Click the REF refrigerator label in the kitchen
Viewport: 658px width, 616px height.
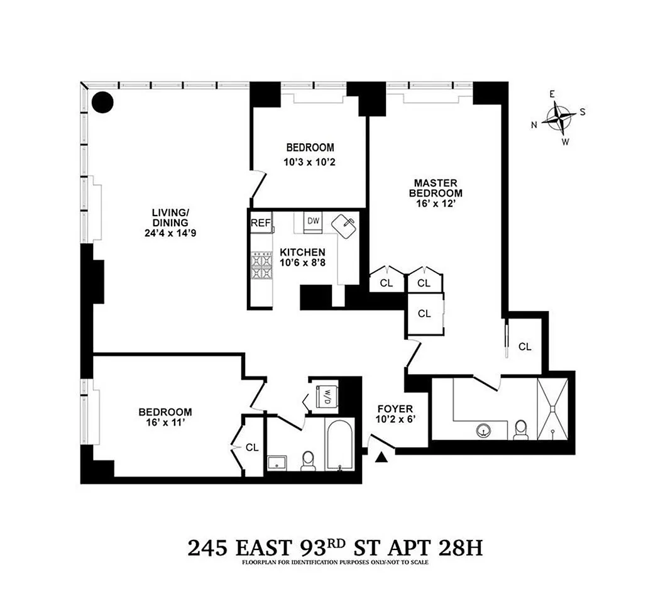261,223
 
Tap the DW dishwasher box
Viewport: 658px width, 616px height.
313,221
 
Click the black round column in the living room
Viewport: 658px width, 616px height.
102,102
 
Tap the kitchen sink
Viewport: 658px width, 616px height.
344,227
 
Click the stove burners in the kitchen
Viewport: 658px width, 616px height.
261,266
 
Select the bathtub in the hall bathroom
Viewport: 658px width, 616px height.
339,445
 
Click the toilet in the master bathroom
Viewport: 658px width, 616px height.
521,430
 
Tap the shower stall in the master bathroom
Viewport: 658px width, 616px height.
552,409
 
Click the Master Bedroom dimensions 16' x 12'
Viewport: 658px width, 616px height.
436,204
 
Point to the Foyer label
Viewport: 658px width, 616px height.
395,409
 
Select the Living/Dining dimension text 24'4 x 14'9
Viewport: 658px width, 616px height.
170,233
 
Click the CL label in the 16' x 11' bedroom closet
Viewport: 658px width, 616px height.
252,448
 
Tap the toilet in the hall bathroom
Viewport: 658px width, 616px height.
308,461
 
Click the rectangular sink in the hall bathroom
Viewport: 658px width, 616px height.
277,462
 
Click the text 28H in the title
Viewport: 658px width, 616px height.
460,547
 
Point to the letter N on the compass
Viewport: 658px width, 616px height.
534,124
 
